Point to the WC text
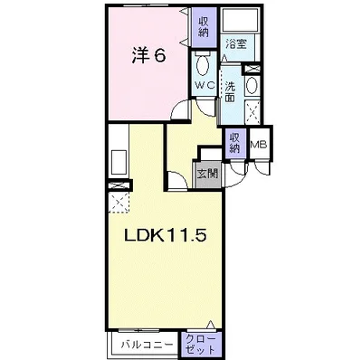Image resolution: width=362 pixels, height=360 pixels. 205,83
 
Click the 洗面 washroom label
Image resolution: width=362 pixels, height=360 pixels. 230,91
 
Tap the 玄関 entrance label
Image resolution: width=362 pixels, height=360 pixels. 207,173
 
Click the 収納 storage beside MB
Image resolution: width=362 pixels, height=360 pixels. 235,144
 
